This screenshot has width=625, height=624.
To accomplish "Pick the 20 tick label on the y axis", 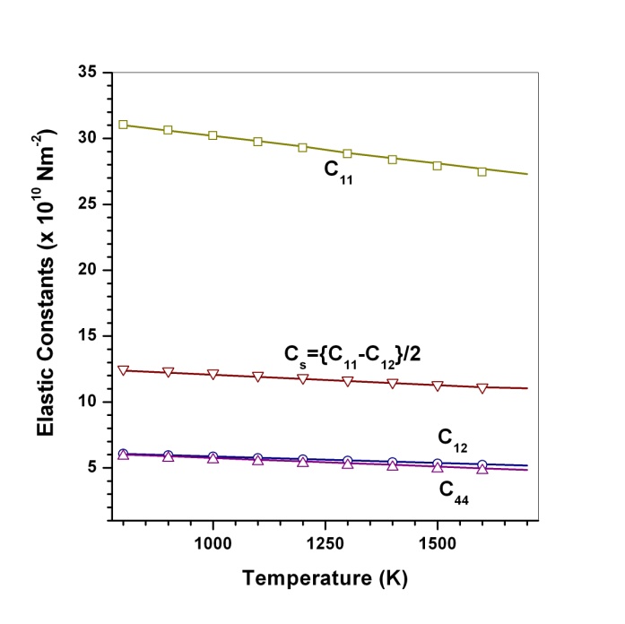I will coord(87,270).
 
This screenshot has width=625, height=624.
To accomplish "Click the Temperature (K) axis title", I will coord(324,580).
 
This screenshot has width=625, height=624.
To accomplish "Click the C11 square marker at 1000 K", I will coord(213,135).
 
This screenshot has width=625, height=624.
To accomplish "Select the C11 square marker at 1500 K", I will coord(438,165).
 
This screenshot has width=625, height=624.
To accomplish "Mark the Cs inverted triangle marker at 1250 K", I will coord(326,380).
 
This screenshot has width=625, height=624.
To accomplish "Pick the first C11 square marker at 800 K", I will coord(123,125).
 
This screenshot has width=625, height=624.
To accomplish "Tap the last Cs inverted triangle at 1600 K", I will coord(482,388).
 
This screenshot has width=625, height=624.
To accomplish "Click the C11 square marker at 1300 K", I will coord(348,153).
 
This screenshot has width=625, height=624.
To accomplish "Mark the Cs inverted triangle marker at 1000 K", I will coord(213,374).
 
